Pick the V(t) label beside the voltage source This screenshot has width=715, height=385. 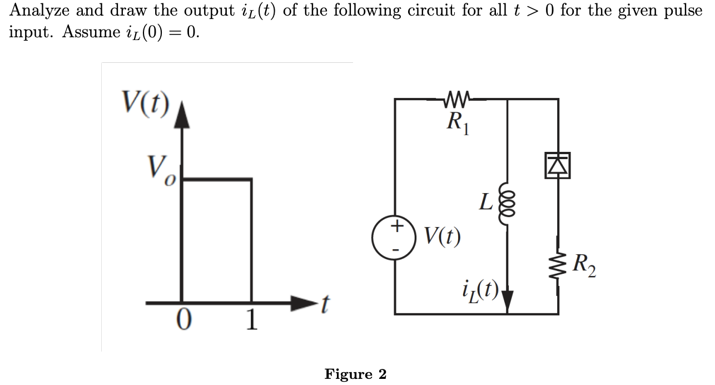click(443, 238)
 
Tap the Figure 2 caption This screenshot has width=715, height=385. click(355, 374)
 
